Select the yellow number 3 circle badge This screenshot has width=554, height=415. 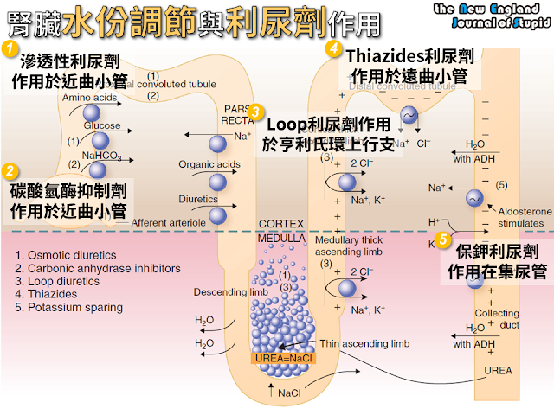tap(254, 112)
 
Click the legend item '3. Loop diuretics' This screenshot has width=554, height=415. tap(55, 281)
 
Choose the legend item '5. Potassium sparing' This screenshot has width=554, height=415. tap(68, 307)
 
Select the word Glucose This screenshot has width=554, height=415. tap(102, 125)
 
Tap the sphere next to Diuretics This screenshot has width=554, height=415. tap(218, 214)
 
